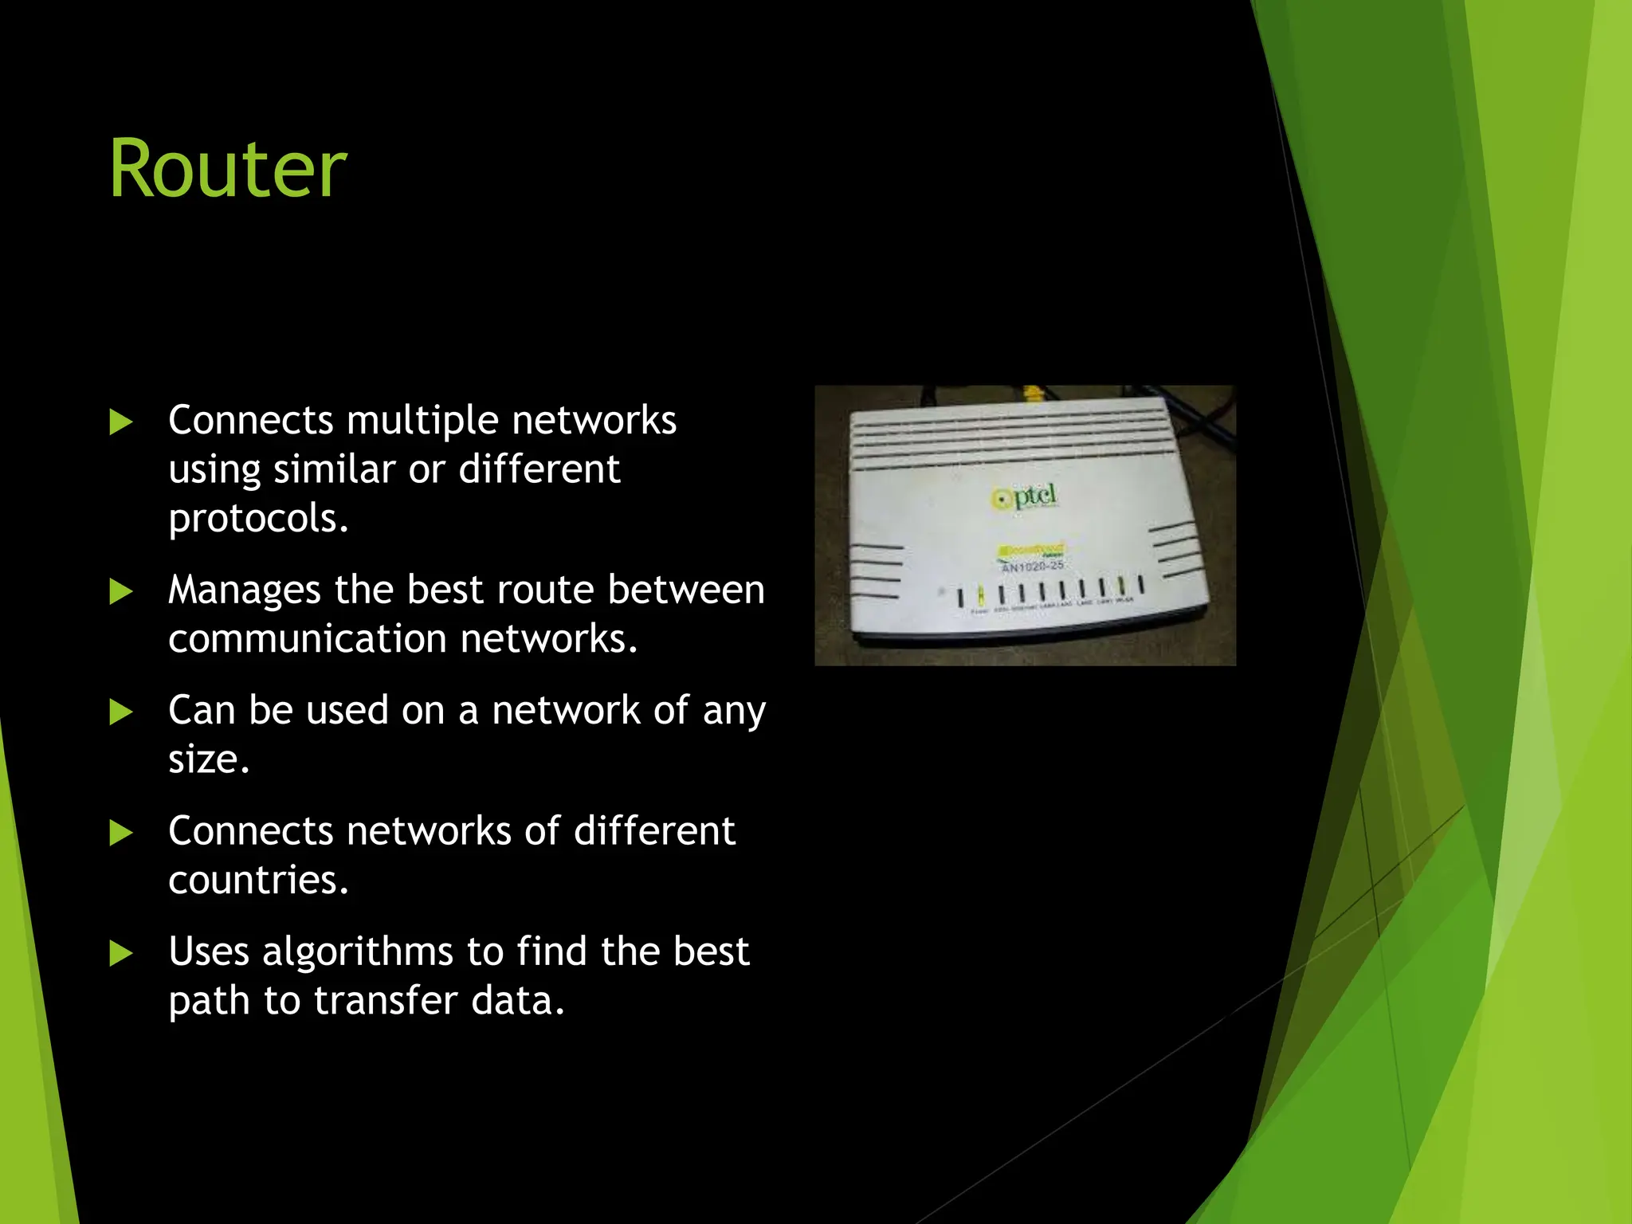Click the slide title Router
point(228,169)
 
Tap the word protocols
point(258,519)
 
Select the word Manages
point(245,591)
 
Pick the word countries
point(258,881)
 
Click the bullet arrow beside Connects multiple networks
point(120,422)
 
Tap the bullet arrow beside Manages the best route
point(120,592)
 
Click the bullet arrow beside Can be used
point(120,712)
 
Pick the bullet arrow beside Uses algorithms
point(120,954)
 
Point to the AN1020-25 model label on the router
point(1032,567)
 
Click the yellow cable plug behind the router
point(1034,393)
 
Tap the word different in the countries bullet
point(654,831)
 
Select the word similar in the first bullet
point(334,469)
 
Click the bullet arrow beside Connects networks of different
point(120,834)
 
